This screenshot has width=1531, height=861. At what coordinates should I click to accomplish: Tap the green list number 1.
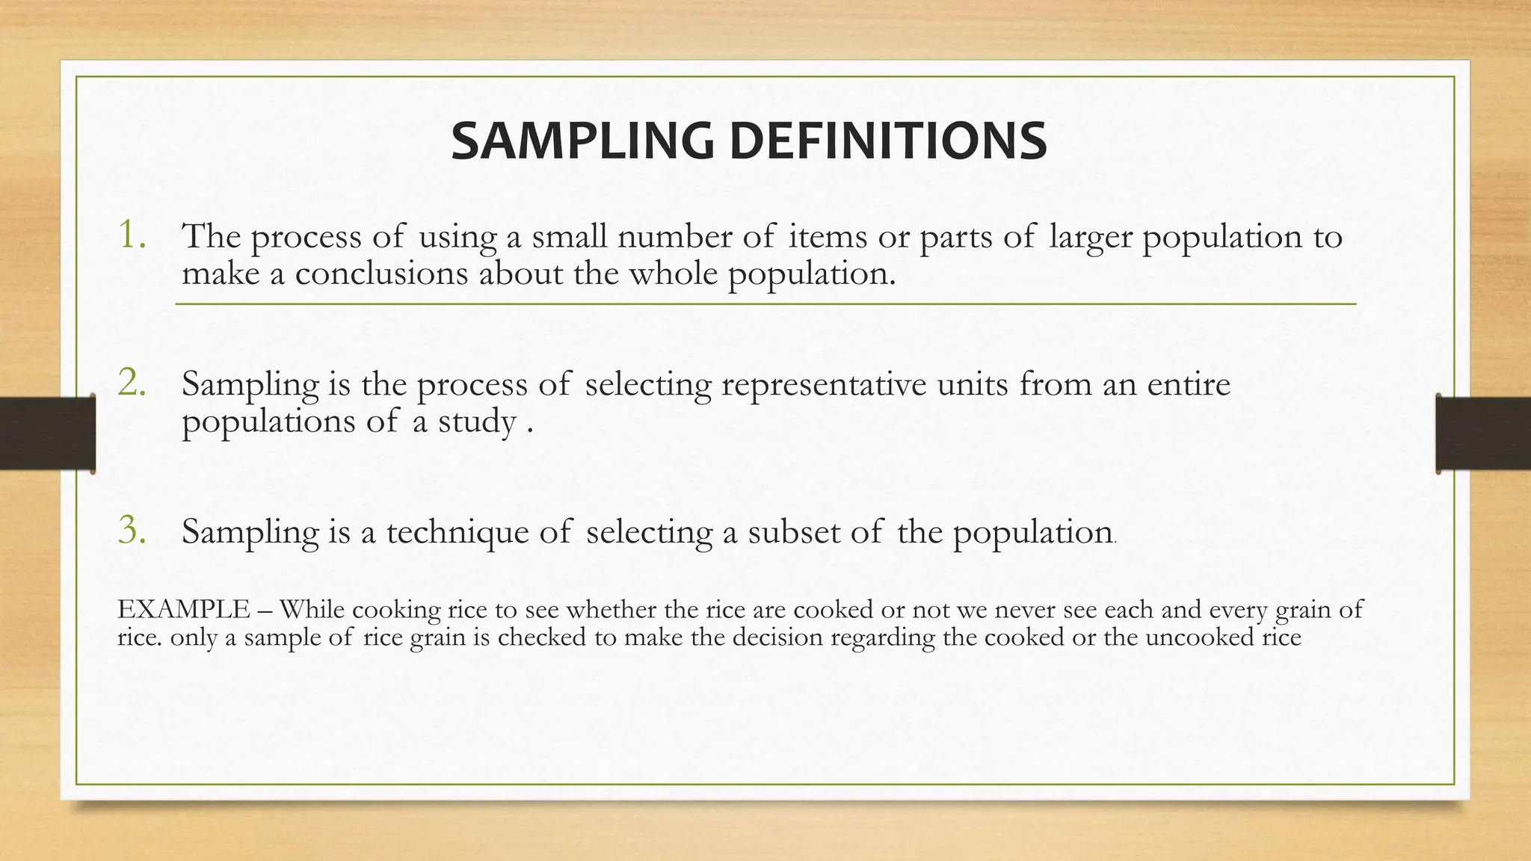[x=132, y=235]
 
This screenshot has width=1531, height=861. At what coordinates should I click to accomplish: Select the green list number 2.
[x=132, y=383]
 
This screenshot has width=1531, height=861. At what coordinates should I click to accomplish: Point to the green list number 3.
[x=132, y=531]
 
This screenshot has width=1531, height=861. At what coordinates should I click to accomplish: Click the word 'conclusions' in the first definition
[x=381, y=274]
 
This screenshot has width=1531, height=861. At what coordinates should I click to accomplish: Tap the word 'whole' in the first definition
[x=673, y=274]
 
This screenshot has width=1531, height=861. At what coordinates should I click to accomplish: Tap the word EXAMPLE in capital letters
[x=184, y=610]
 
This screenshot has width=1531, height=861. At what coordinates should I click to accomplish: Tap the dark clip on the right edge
[x=1483, y=433]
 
